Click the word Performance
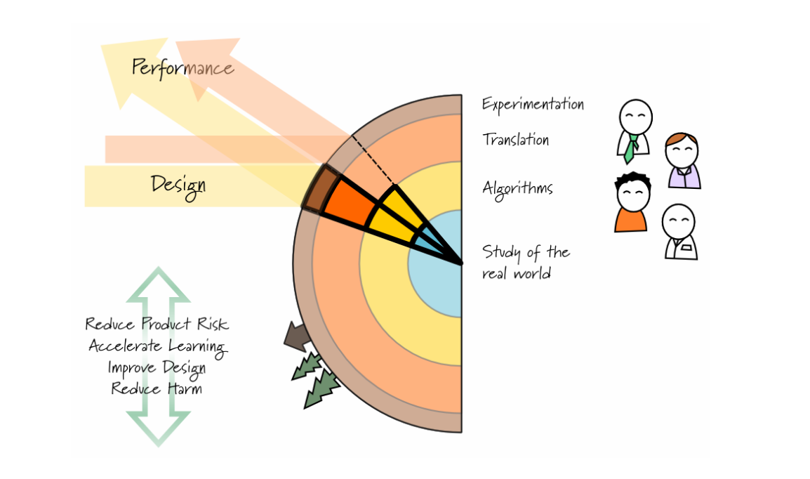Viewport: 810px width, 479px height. click(182, 68)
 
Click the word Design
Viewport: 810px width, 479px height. click(178, 185)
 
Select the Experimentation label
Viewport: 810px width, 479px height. click(533, 104)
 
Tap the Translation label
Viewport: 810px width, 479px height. click(515, 139)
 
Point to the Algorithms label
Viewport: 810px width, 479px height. click(517, 188)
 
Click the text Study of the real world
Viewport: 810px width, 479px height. click(526, 262)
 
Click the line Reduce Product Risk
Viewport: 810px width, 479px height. click(157, 324)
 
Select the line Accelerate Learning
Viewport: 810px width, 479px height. click(157, 346)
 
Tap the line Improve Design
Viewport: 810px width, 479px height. click(157, 367)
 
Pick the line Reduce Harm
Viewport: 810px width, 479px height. click(157, 388)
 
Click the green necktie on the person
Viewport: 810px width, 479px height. click(631, 148)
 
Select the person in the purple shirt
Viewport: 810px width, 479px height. click(682, 162)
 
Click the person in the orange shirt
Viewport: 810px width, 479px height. click(631, 203)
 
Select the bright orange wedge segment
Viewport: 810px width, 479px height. click(352, 202)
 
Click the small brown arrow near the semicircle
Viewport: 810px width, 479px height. click(296, 335)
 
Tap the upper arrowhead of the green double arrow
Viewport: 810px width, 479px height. click(158, 285)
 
